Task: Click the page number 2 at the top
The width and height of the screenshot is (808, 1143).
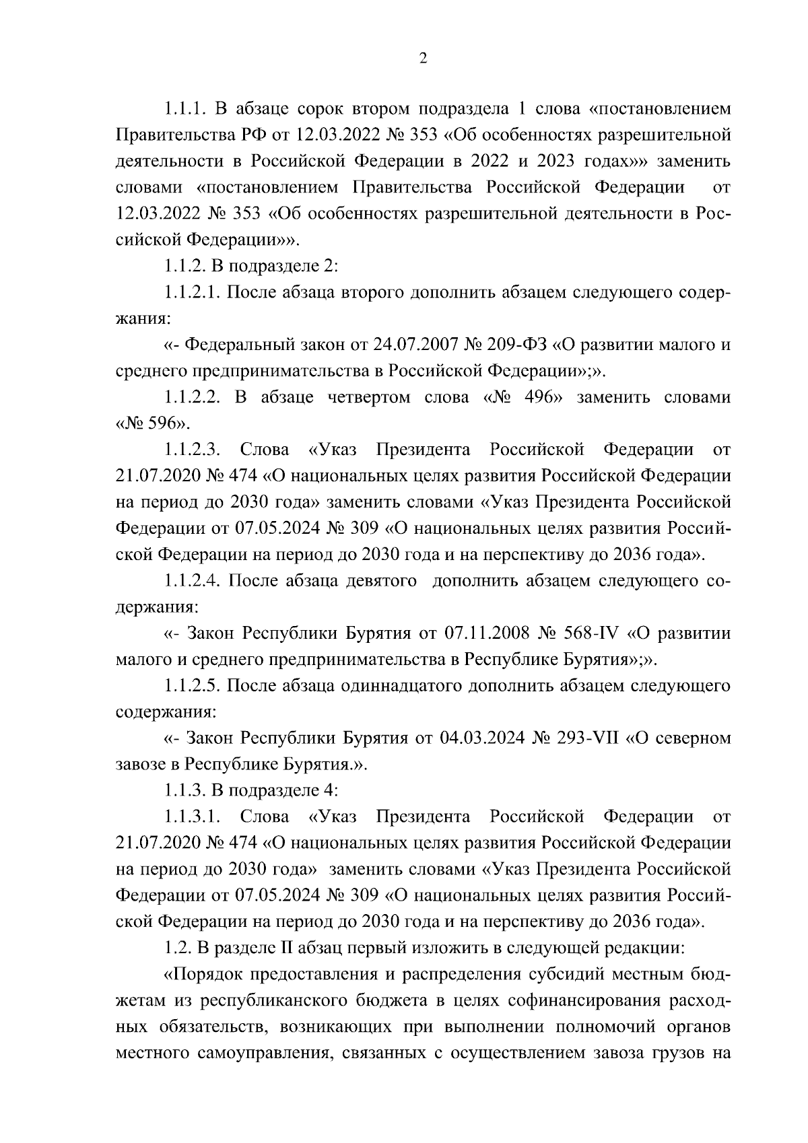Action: (423, 59)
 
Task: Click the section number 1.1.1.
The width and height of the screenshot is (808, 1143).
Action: (184, 108)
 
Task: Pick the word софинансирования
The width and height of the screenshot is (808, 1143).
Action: (582, 1001)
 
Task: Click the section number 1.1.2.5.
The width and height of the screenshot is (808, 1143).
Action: (192, 687)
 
